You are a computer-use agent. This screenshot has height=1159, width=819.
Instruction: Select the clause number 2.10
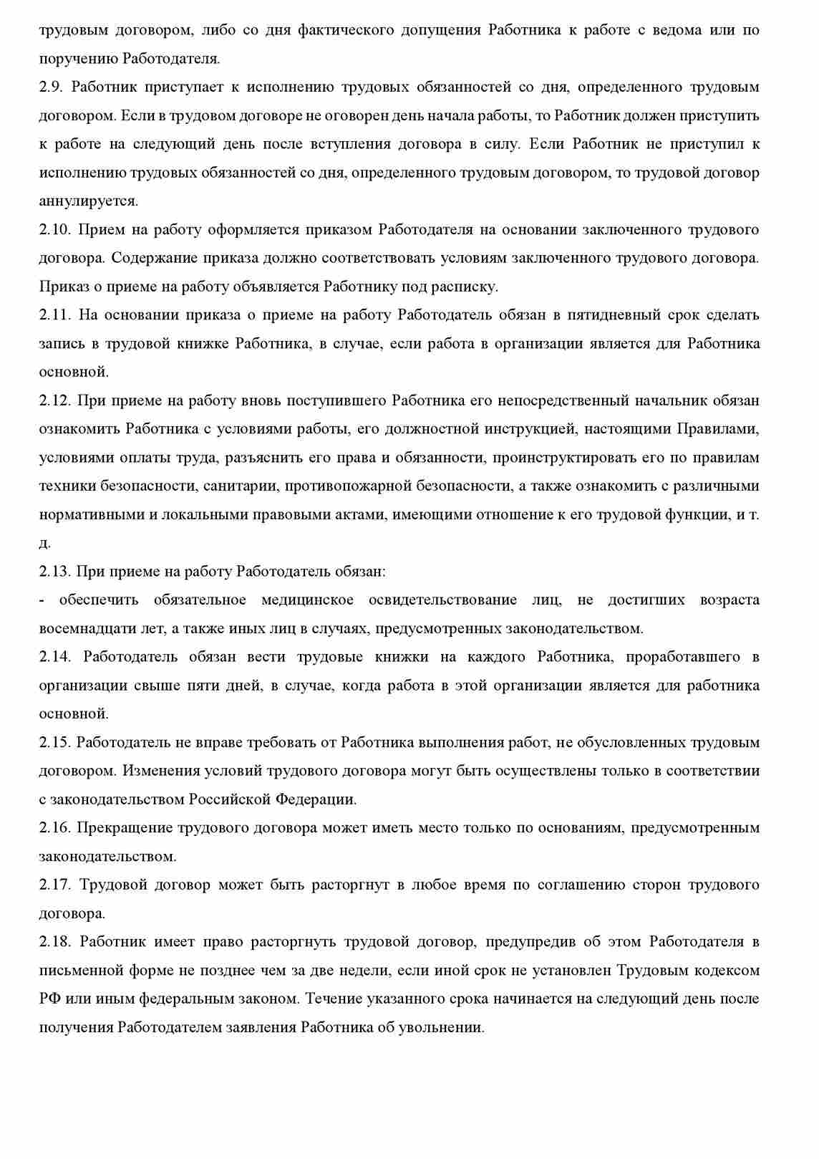54,230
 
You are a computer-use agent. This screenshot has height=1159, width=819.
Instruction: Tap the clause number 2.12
54,400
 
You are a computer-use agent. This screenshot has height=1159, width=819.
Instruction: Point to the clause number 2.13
54,572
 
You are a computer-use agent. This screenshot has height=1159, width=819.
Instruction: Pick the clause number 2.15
54,742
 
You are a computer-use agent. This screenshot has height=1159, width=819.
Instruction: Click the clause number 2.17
54,885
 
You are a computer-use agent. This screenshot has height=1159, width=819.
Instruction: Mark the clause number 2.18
54,941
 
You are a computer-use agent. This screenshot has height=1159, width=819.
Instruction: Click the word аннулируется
88,201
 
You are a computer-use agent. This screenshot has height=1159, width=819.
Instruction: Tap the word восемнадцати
87,629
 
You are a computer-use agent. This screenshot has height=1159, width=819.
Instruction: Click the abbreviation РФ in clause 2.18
49,999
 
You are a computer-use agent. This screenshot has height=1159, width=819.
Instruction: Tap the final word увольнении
444,1027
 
